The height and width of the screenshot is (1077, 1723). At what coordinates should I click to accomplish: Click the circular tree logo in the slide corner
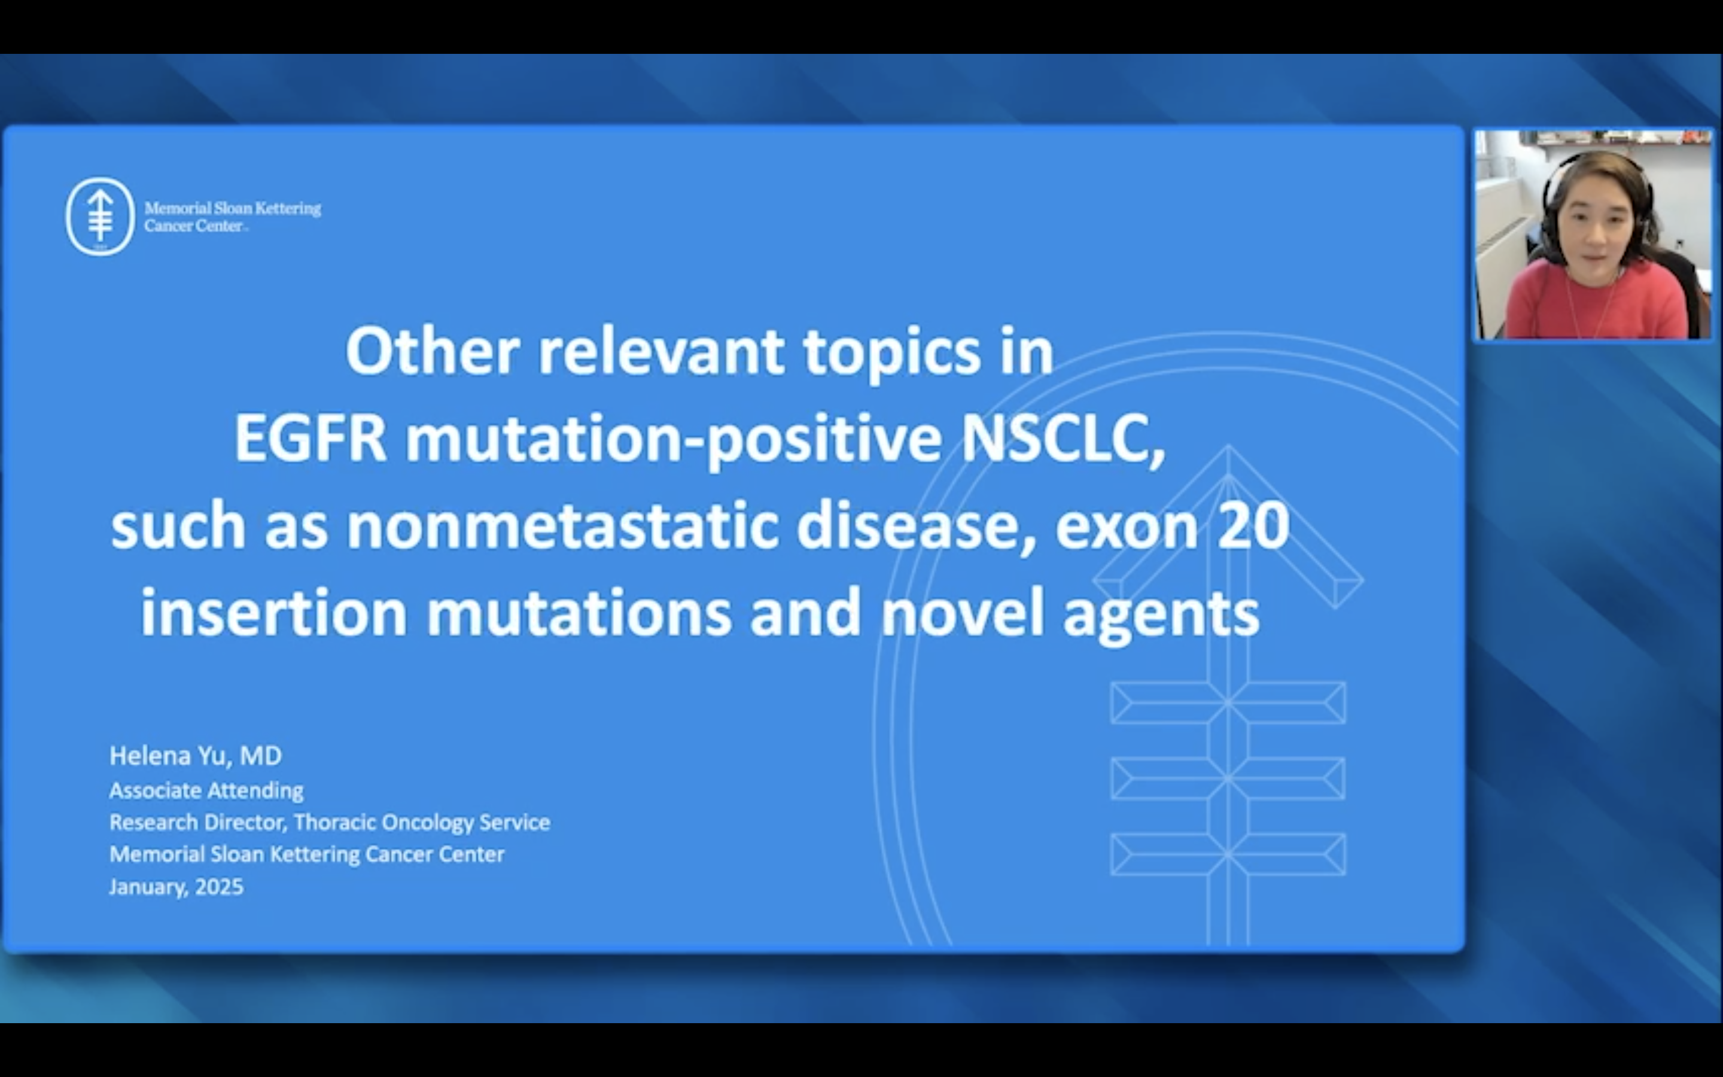coord(101,216)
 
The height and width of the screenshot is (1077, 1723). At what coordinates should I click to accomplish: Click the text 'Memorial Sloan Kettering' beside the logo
coord(233,209)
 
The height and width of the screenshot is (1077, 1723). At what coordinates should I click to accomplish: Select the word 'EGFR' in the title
coord(310,437)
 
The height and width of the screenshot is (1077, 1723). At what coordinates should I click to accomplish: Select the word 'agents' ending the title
coord(1161,617)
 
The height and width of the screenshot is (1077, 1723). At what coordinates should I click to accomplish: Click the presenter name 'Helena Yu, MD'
coord(196,756)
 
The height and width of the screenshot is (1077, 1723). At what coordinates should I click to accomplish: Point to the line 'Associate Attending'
coord(206,790)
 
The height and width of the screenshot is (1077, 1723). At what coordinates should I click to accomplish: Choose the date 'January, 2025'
coord(176,887)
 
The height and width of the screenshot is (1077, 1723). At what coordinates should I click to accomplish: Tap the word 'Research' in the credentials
coord(153,822)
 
